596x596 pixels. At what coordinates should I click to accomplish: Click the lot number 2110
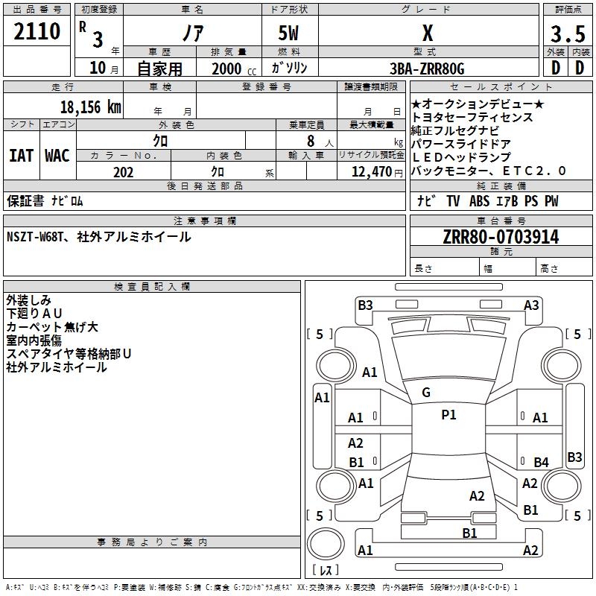[x=37, y=32]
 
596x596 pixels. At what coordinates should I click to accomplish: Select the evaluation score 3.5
[x=566, y=35]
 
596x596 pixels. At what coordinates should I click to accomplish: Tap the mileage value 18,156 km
[x=90, y=107]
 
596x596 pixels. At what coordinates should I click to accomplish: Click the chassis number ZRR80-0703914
[x=501, y=237]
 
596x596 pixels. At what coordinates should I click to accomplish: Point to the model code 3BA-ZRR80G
[x=426, y=69]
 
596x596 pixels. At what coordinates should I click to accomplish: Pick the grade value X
[x=427, y=34]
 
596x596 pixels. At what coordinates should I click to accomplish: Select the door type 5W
[x=289, y=34]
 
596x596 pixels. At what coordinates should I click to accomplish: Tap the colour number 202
[x=123, y=172]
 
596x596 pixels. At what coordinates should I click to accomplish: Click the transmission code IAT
[x=21, y=156]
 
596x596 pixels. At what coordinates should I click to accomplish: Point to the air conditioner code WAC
[x=57, y=156]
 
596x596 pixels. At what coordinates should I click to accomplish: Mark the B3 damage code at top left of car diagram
[x=365, y=305]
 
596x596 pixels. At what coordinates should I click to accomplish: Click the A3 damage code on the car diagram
[x=531, y=305]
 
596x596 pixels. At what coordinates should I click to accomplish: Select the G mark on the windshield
[x=425, y=393]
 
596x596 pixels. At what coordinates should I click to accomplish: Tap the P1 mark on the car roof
[x=448, y=415]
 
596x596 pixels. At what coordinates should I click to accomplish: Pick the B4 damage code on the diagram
[x=541, y=463]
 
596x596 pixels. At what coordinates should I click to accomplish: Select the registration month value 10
[x=97, y=69]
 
